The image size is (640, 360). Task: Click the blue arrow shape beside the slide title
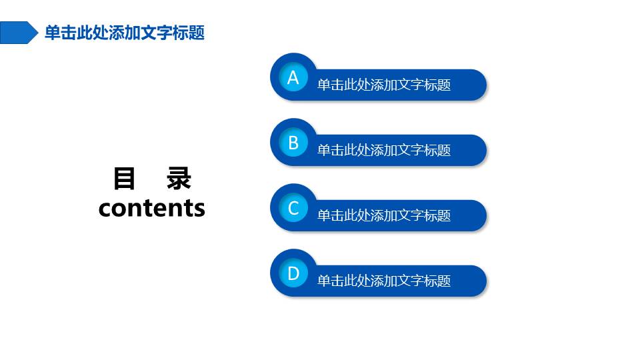point(19,33)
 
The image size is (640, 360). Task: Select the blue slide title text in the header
point(125,33)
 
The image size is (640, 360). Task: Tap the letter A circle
point(293,77)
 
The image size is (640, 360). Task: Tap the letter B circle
point(293,143)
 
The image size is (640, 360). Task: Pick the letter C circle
point(293,208)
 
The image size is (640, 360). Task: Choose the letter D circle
point(293,273)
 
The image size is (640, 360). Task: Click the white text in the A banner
point(384,85)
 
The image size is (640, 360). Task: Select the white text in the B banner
point(384,150)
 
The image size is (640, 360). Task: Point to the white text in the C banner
point(384,215)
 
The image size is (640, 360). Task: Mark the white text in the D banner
point(384,281)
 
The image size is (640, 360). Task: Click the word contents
point(152,208)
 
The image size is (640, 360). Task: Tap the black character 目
point(124,179)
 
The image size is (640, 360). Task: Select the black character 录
point(179,179)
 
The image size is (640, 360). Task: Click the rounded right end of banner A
point(479,85)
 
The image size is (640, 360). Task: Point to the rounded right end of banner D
point(479,281)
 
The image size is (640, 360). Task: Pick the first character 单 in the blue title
point(52,33)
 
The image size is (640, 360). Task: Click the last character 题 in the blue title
point(197,33)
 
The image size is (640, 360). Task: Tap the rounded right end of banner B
point(479,150)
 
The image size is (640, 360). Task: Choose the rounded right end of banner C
point(479,215)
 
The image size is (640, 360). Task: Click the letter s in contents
point(199,209)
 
